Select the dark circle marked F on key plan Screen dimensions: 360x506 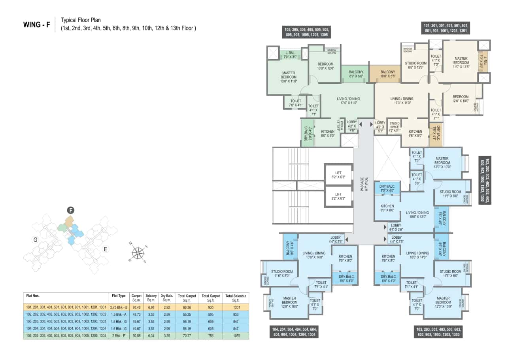(x=71, y=210)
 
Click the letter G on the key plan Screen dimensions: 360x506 (x=35, y=239)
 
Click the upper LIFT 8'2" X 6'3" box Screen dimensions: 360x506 (x=338, y=175)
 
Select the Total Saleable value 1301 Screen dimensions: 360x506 (x=236, y=307)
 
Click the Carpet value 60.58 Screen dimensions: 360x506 (x=136, y=335)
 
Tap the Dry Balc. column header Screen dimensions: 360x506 (x=166, y=298)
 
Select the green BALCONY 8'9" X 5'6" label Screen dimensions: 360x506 (x=356, y=74)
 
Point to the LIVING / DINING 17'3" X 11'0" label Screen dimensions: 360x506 (x=402, y=101)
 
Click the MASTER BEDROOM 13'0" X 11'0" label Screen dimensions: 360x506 (x=289, y=77)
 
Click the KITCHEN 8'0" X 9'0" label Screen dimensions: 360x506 (x=328, y=134)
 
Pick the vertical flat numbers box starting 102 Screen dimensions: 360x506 (x=485, y=181)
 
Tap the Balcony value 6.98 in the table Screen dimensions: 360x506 (x=151, y=307)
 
